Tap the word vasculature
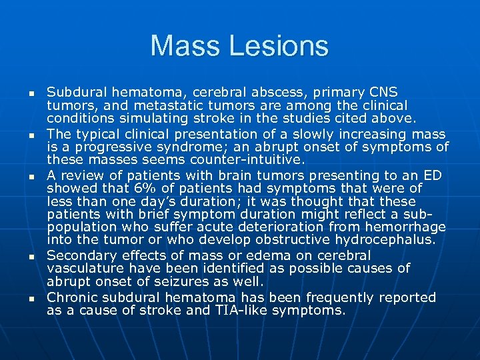coord(83,268)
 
